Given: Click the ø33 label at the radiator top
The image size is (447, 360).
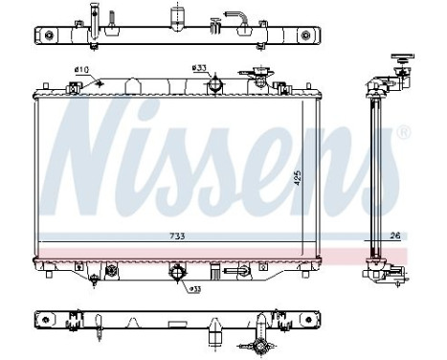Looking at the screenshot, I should (200, 68).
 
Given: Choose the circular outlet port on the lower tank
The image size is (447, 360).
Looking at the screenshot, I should (177, 277).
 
